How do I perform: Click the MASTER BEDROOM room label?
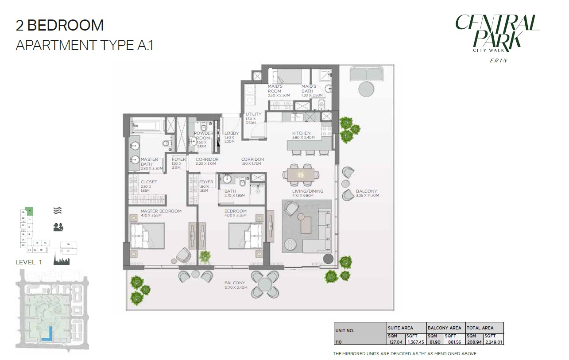coord(161,211)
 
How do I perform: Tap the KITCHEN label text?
coord(301,133)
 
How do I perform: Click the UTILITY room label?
coord(254,114)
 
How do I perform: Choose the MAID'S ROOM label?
coord(275,89)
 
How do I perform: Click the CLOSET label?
coord(149,182)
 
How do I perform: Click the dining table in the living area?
coord(301,174)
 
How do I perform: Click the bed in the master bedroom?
coord(147,236)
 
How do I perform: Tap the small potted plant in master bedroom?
coord(205,256)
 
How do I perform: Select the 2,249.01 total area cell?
coord(494,342)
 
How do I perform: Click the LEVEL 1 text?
coord(29,262)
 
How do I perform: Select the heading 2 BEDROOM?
coord(60,26)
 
